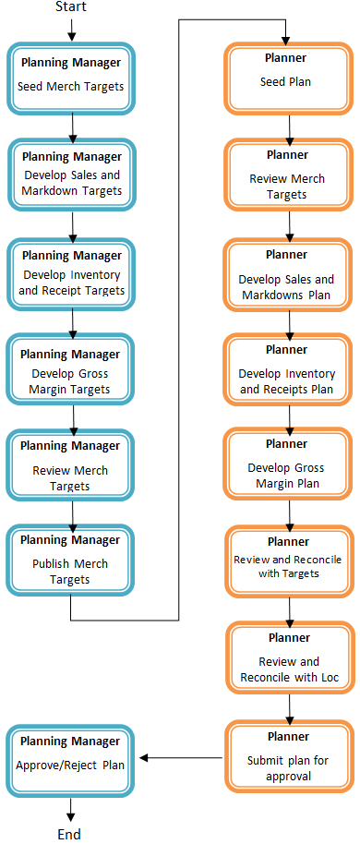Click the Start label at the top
(x=71, y=7)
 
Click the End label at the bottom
(x=70, y=834)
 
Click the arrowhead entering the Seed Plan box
(x=286, y=38)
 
